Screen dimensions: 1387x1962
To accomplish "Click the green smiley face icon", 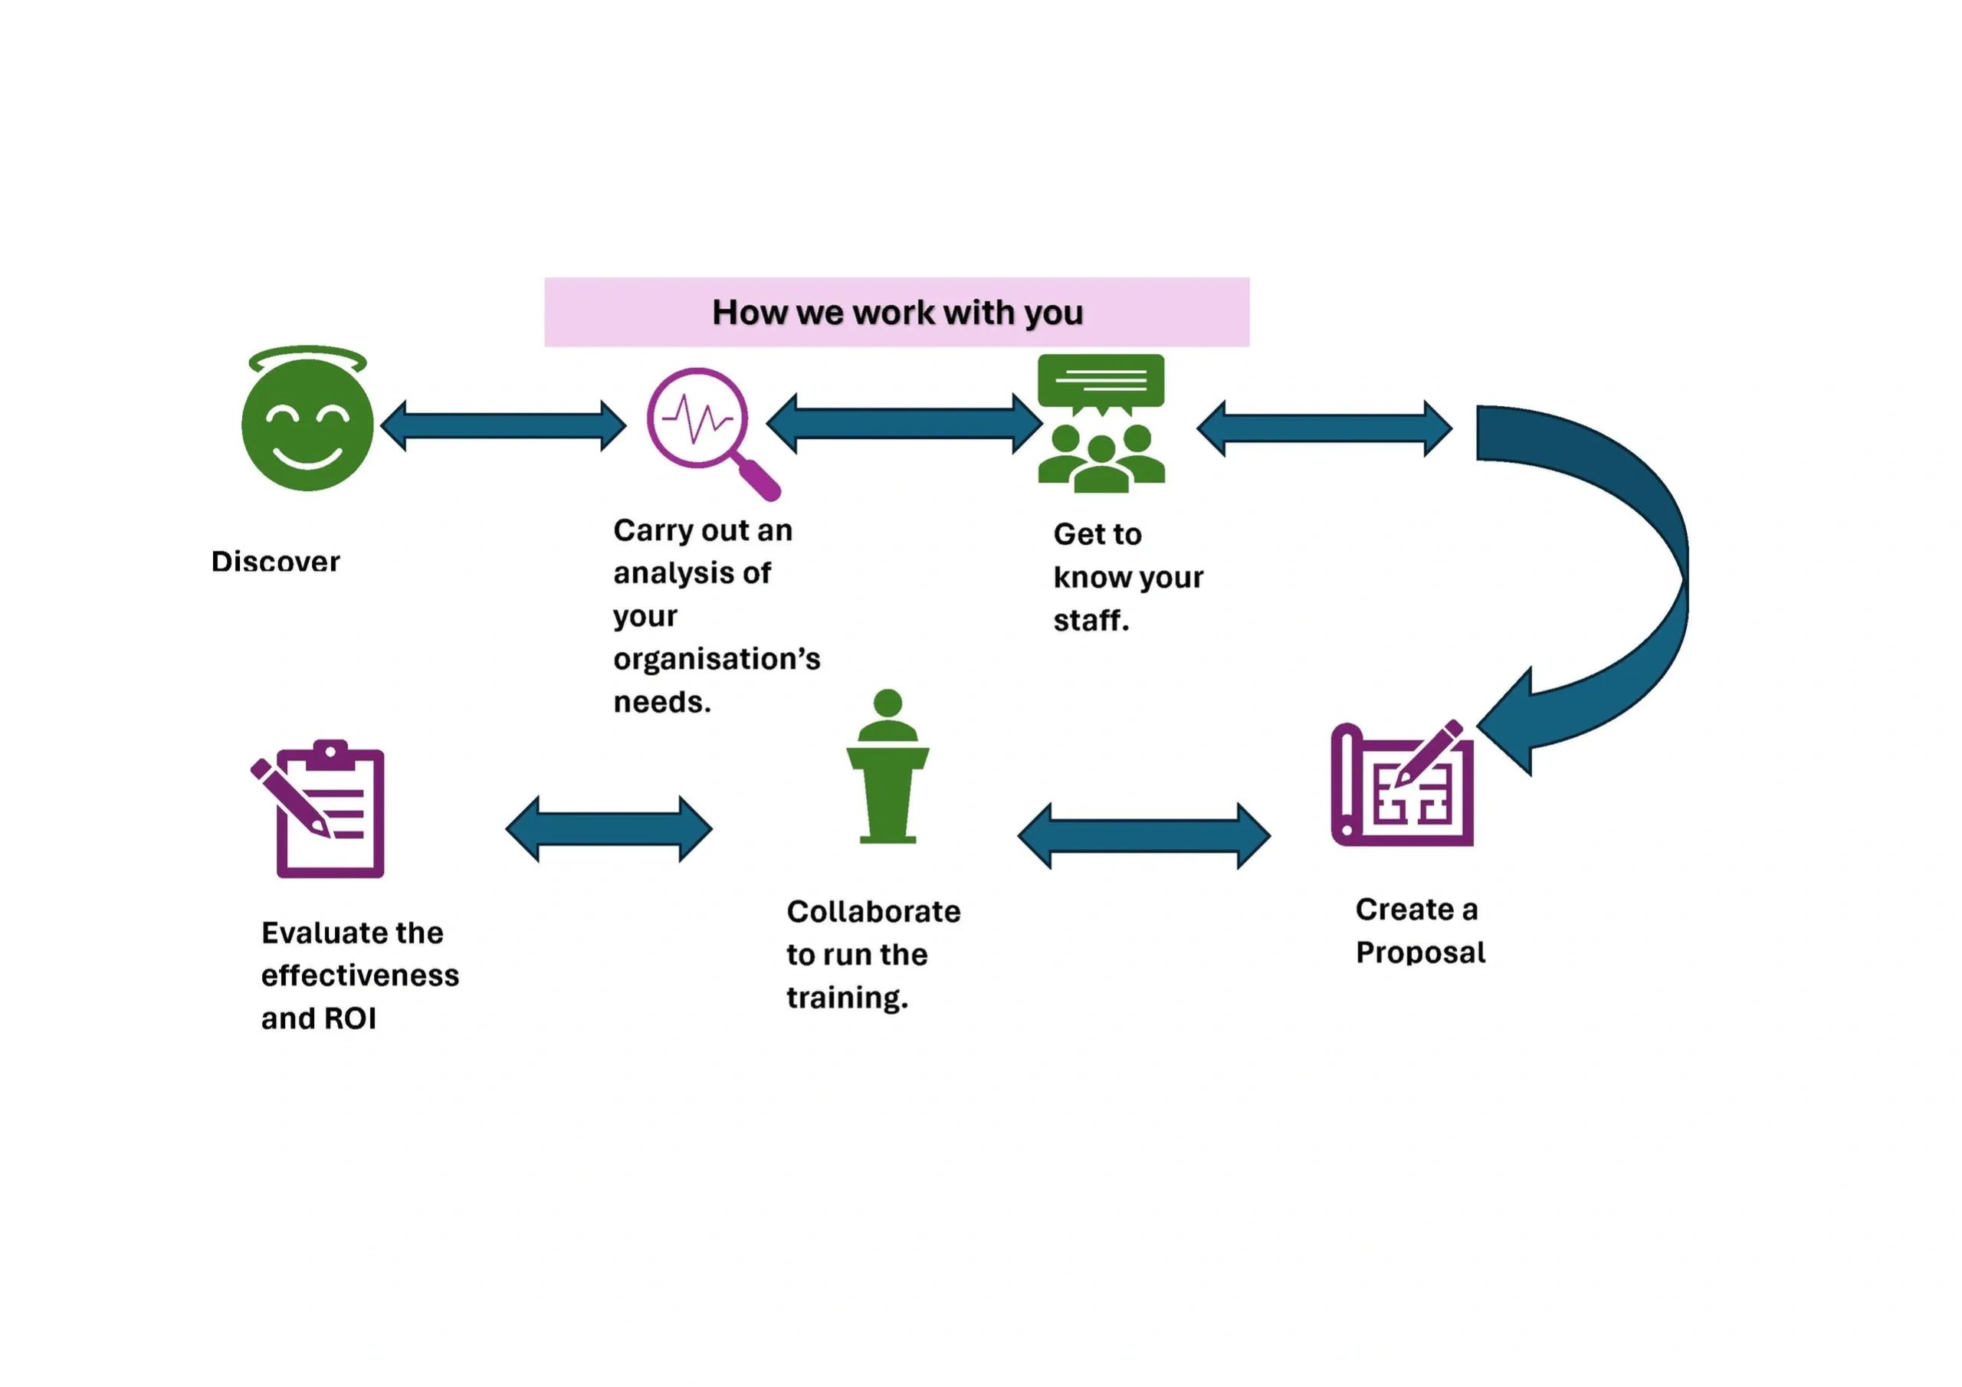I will pyautogui.click(x=307, y=425).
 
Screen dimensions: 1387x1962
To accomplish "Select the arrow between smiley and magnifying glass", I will pyautogui.click(x=504, y=425).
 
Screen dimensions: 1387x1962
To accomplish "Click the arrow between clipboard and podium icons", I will pyautogui.click(x=609, y=829).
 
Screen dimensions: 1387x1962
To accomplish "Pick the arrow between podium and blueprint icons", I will pyautogui.click(x=1143, y=835).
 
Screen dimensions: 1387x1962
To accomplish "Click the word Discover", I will pyautogui.click(x=275, y=562).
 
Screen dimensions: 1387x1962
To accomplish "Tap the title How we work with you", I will pyautogui.click(x=897, y=313).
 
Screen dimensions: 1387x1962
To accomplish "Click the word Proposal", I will pyautogui.click(x=1420, y=953).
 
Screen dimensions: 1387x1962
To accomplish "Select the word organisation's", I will pyautogui.click(x=716, y=659).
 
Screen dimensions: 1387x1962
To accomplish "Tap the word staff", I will pyautogui.click(x=1090, y=621).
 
